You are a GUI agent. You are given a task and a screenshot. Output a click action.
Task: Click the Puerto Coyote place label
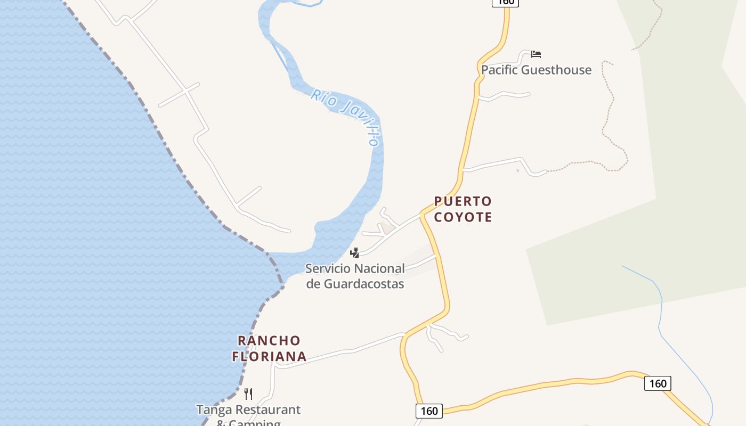point(463,209)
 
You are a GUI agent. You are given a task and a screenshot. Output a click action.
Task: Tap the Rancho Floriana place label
point(269,348)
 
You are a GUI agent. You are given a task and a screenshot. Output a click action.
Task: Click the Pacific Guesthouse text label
point(536,70)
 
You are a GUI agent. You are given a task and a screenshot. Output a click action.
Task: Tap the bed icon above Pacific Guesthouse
point(536,54)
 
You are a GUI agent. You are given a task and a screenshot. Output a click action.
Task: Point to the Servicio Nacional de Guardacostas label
point(355,276)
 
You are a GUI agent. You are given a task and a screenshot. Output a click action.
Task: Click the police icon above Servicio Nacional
point(354,252)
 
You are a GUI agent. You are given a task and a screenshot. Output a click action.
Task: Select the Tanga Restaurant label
point(248,410)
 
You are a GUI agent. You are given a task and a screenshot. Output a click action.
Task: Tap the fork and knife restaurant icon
point(248,394)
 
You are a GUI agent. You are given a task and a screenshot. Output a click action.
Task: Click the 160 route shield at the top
point(505,2)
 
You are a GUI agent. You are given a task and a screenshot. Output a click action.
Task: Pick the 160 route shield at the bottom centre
point(429,411)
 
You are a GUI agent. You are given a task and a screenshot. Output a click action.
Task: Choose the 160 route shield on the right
point(658,383)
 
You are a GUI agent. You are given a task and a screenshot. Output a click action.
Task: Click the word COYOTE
point(463,217)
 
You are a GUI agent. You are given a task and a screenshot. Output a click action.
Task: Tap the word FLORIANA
point(269,356)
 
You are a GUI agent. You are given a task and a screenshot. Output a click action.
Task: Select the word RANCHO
point(269,340)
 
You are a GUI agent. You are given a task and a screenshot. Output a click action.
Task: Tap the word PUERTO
point(463,201)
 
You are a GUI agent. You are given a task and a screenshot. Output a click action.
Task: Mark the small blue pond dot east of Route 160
point(517,170)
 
